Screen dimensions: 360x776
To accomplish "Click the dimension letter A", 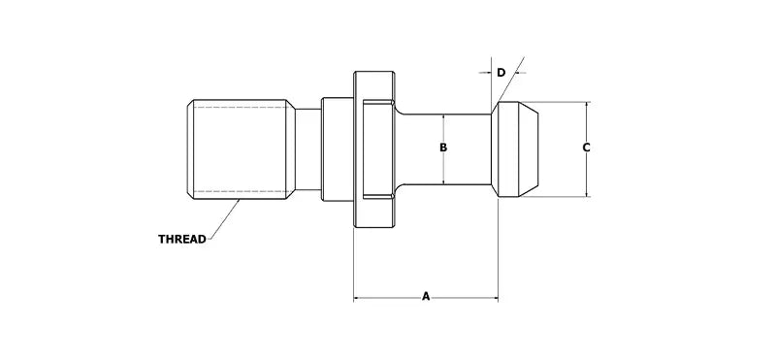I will [x=426, y=294].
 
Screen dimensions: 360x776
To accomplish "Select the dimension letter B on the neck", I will [x=442, y=148].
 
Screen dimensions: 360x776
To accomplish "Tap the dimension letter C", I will [x=587, y=148].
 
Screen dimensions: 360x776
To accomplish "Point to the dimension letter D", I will [x=501, y=73].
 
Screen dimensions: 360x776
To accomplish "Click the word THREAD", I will [x=182, y=239].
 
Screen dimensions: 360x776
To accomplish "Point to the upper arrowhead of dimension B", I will [x=442, y=116].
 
